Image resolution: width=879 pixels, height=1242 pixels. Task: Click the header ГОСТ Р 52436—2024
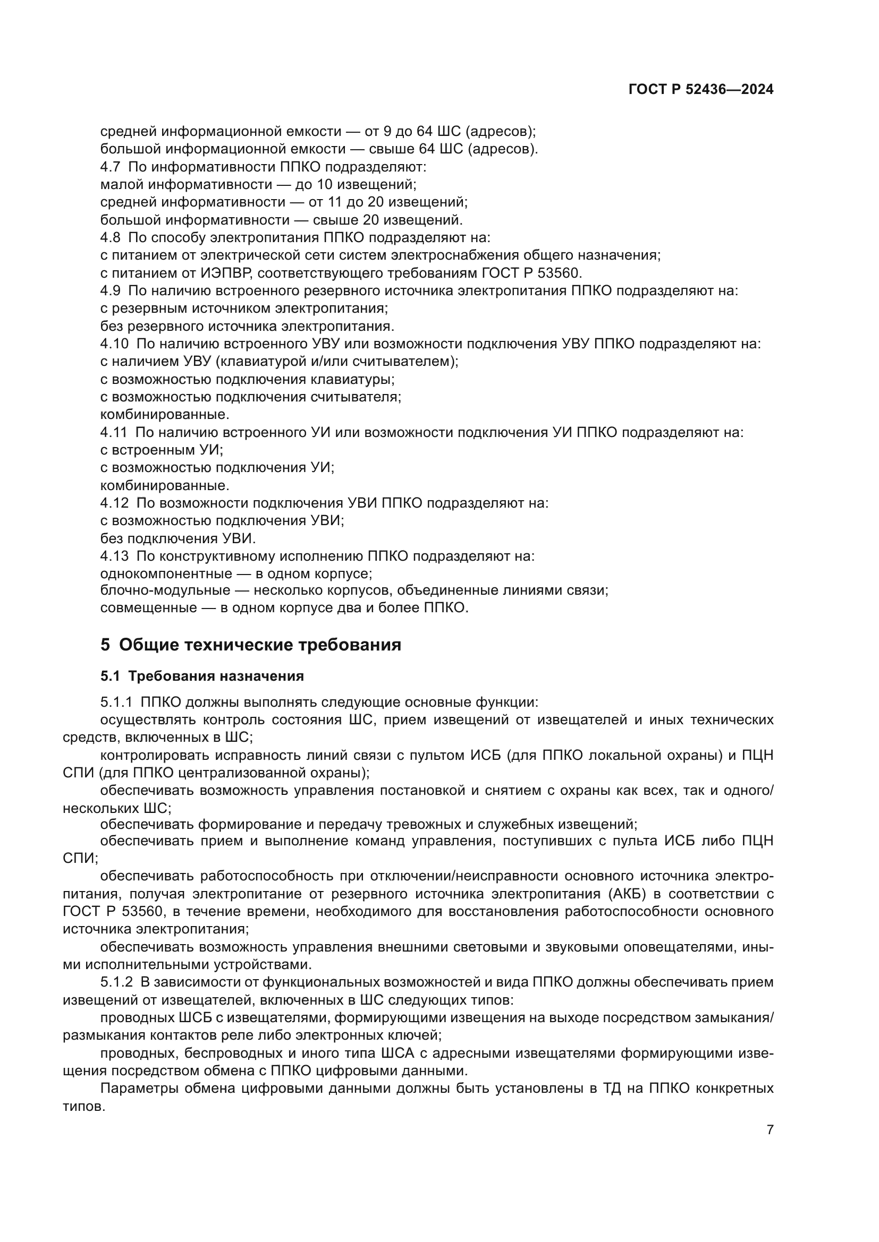tap(701, 90)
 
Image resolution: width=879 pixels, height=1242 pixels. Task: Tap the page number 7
tap(770, 1130)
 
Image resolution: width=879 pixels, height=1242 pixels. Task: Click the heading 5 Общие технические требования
tap(251, 645)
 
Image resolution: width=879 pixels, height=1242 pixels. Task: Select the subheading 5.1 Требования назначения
tap(202, 676)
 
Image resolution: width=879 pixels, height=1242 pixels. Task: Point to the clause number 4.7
tap(111, 167)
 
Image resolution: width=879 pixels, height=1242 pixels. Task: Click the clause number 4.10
tap(114, 344)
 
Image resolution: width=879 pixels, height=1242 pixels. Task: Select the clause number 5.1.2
tap(116, 982)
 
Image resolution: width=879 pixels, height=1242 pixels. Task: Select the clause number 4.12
tap(114, 503)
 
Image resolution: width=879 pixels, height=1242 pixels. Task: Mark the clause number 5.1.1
tap(116, 703)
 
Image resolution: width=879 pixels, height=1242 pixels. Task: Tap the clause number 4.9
tap(111, 290)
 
